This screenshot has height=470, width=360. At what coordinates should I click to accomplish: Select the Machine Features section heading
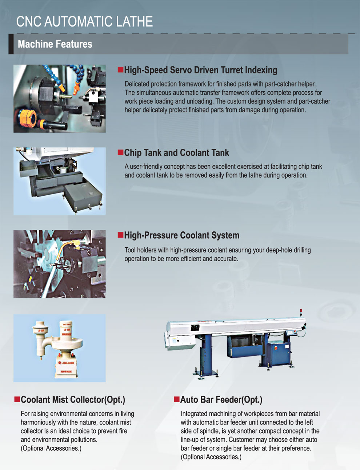click(x=55, y=44)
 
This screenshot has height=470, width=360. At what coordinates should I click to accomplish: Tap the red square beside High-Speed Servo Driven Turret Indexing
click(x=120, y=69)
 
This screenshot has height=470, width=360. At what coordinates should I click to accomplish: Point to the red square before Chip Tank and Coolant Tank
click(x=120, y=152)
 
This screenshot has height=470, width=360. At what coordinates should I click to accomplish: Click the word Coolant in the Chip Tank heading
click(x=194, y=153)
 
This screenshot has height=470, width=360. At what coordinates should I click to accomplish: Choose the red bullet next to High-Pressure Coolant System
click(x=120, y=235)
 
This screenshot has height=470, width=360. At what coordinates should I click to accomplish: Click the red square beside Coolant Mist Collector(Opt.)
click(x=17, y=399)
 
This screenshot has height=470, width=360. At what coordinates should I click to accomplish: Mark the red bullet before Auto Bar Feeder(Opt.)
click(x=177, y=399)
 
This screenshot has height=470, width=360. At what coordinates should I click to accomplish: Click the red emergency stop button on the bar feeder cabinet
click(x=276, y=348)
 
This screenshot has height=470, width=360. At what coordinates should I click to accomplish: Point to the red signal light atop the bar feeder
click(x=301, y=311)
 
